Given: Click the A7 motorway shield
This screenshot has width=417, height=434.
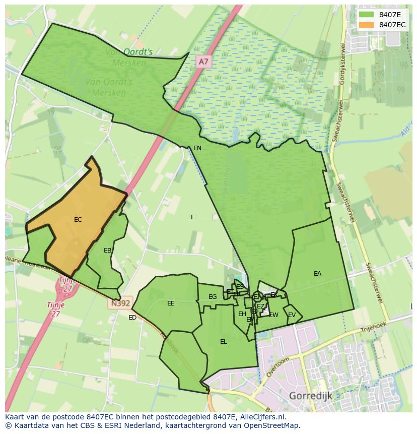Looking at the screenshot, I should click(x=203, y=61).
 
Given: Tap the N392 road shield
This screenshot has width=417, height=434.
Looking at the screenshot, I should click(x=119, y=304).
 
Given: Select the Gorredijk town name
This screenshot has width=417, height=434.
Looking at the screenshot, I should click(x=310, y=396).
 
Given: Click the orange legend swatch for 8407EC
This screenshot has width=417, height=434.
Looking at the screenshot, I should click(x=367, y=25).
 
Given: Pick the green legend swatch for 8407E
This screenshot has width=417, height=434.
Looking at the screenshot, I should click(x=367, y=15).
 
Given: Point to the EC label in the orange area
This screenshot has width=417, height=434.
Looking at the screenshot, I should click(x=78, y=220).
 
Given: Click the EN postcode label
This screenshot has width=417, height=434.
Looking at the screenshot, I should click(x=197, y=148).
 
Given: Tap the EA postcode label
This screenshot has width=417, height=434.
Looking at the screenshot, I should click(x=317, y=274).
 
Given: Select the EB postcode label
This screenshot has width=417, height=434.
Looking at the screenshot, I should click(x=107, y=251).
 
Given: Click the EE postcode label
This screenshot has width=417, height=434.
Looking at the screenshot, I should click(x=171, y=303).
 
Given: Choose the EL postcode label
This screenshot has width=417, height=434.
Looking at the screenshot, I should click(x=224, y=342).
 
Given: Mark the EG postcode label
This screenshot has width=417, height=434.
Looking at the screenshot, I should click(x=213, y=297).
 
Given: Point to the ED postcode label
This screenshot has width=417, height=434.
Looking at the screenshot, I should click(x=132, y=318).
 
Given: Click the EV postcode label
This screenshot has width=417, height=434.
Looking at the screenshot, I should click(x=292, y=315).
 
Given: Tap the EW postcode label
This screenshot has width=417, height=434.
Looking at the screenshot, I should click(x=273, y=315).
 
